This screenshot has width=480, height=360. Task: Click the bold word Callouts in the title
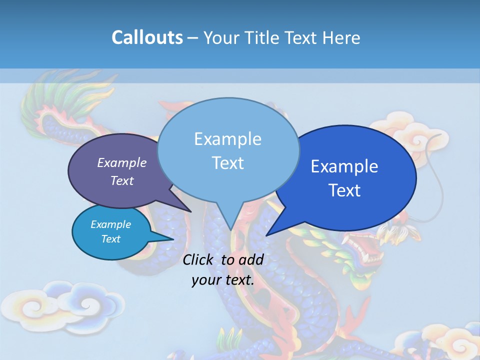(147, 37)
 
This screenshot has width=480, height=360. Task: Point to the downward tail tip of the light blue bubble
(230, 230)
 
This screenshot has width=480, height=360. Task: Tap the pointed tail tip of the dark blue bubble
(267, 234)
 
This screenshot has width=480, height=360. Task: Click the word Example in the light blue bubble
(227, 139)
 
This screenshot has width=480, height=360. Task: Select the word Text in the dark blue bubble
(344, 190)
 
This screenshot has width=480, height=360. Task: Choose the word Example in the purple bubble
(122, 162)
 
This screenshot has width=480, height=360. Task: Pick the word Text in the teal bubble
(111, 239)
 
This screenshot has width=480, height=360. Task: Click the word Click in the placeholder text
(198, 259)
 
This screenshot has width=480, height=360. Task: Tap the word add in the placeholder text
(251, 259)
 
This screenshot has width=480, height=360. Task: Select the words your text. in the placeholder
(222, 280)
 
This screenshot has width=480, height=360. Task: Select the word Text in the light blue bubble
(228, 163)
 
